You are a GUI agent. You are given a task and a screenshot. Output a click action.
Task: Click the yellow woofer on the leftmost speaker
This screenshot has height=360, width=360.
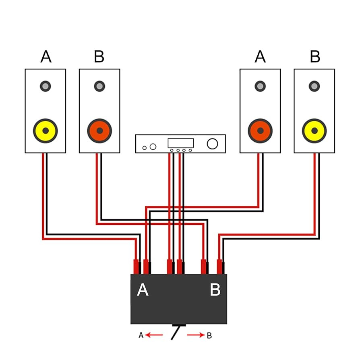click(x=46, y=130)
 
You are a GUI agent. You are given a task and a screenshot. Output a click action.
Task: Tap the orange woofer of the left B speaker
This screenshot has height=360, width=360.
click(x=99, y=130)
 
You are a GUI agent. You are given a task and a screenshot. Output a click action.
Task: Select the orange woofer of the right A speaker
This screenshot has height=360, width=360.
click(x=260, y=130)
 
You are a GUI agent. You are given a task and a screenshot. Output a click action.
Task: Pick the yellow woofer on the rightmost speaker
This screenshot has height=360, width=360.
click(x=314, y=130)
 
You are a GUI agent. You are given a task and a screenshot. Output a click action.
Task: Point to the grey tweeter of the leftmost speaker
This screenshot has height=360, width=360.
click(x=46, y=86)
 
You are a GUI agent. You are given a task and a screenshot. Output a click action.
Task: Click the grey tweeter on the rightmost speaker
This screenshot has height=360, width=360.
click(x=314, y=86)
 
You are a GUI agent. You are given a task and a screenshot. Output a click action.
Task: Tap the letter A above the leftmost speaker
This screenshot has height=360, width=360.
click(x=46, y=56)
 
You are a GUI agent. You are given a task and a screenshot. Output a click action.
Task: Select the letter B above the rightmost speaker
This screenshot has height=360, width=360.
click(x=315, y=56)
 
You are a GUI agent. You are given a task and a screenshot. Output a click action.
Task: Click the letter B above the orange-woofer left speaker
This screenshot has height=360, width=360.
click(x=99, y=56)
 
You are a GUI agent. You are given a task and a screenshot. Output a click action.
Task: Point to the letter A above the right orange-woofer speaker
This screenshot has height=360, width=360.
click(x=260, y=56)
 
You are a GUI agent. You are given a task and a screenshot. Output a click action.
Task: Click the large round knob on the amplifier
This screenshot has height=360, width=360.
click(x=212, y=144)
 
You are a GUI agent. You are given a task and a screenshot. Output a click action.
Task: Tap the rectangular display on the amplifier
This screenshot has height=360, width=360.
click(x=181, y=143)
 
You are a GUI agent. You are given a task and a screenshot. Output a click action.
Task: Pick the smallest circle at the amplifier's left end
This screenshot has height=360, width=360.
click(x=145, y=148)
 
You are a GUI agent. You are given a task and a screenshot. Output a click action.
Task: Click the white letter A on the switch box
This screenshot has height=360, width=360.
click(x=143, y=290)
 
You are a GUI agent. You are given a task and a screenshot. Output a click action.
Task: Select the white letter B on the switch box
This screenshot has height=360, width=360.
click(x=215, y=290)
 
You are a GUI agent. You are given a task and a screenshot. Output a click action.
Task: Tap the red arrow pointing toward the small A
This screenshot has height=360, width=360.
click(x=154, y=335)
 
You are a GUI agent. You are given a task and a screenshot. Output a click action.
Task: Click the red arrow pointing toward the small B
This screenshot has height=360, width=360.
click(x=196, y=335)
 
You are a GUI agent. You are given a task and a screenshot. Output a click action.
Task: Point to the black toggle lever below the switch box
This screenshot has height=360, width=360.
click(x=176, y=333)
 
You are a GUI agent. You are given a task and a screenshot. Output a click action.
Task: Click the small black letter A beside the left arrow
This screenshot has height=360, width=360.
click(x=141, y=335)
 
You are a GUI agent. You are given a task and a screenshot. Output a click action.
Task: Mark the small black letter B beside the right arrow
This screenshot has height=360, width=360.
click(x=209, y=335)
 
